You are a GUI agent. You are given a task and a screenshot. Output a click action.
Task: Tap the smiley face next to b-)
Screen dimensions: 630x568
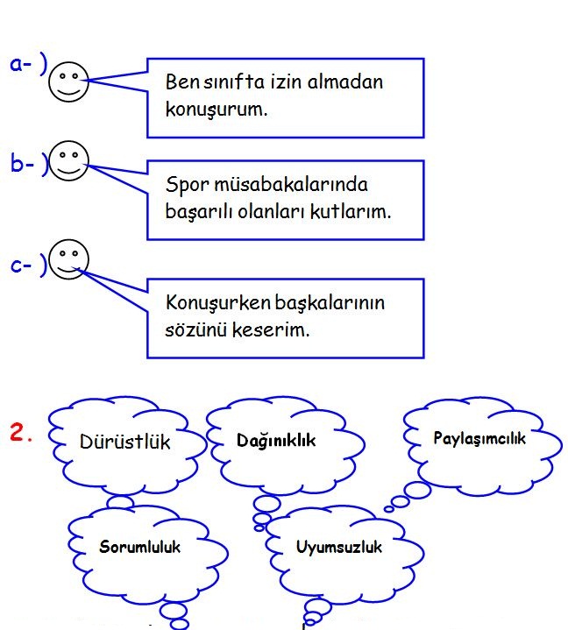pyautogui.click(x=69, y=162)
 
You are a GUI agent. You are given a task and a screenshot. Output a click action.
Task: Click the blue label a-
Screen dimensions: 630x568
pyautogui.click(x=23, y=65)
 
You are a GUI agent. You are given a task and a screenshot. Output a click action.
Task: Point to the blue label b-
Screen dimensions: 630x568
pyautogui.click(x=23, y=164)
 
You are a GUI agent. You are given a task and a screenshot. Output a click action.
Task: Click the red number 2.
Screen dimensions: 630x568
pyautogui.click(x=21, y=432)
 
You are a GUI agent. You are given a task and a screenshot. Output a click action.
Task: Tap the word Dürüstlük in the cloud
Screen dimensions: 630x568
pyautogui.click(x=125, y=442)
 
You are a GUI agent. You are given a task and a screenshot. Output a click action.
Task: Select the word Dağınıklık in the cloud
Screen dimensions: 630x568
pyautogui.click(x=276, y=441)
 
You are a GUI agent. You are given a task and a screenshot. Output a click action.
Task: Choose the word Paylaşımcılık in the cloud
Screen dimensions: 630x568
pyautogui.click(x=479, y=438)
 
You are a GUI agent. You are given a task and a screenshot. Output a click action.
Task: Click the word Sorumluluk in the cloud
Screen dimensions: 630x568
pyautogui.click(x=139, y=547)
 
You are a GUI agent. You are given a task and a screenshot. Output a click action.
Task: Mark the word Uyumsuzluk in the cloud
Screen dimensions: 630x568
pyautogui.click(x=339, y=548)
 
